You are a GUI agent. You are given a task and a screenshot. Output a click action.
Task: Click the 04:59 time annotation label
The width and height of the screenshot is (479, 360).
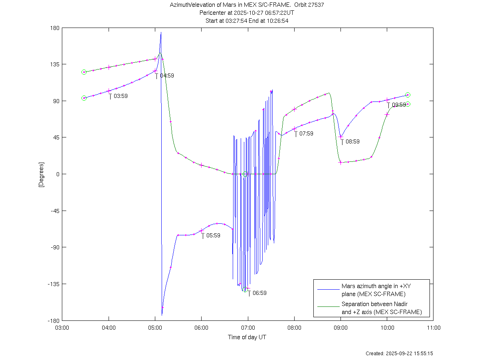pos(167,76)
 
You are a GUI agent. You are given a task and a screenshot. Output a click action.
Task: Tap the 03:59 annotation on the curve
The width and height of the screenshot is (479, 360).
pos(121,96)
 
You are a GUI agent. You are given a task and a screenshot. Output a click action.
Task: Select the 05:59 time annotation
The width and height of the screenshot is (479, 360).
pos(213,235)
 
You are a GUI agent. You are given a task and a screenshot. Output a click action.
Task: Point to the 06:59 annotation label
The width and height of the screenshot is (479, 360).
pos(259,293)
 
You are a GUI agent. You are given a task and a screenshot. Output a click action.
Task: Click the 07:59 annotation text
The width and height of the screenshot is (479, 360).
pos(306,133)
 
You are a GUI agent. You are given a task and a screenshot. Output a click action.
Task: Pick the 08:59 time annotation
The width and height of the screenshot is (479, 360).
pos(352,141)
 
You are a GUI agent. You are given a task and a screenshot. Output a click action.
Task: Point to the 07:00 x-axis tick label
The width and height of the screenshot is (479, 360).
pos(248,328)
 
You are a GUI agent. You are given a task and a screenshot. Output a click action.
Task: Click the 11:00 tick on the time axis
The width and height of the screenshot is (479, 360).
pos(433,328)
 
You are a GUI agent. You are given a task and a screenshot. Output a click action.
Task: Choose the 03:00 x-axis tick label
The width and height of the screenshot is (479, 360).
pos(62,328)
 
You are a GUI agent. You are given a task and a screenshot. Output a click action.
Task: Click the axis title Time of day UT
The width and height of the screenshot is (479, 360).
pos(247,337)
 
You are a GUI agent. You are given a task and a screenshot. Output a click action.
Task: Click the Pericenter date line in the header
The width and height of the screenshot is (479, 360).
pos(247,13)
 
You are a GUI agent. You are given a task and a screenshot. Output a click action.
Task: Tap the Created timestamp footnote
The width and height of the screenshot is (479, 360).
pos(399,354)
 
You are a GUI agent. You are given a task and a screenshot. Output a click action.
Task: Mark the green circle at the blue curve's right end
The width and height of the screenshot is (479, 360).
pos(408,95)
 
